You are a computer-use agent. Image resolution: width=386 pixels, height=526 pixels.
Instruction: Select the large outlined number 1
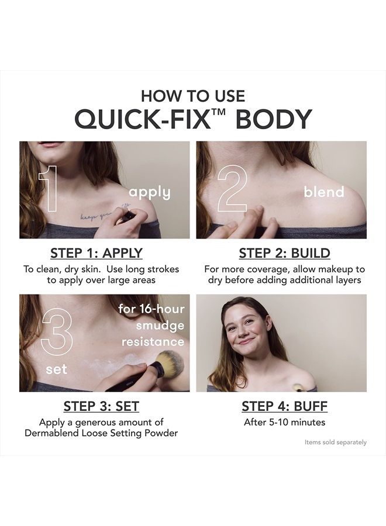point(48,189)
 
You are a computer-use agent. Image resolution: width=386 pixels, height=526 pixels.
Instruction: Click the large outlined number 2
point(232,189)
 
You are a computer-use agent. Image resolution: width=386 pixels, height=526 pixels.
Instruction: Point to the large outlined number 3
point(56,330)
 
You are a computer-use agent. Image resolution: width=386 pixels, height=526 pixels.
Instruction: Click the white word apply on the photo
point(150,193)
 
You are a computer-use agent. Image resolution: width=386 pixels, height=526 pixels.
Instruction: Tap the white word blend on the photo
point(324,192)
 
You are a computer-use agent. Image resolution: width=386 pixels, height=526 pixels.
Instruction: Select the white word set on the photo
point(56,369)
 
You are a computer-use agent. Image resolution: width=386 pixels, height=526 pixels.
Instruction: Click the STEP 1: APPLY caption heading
point(96,253)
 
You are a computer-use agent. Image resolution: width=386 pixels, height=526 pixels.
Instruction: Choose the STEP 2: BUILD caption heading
point(285,253)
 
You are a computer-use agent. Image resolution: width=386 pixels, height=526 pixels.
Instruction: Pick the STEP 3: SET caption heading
point(101,406)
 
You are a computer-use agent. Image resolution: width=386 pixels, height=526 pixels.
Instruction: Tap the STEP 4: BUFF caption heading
point(285,406)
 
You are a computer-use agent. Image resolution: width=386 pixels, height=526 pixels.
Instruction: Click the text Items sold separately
point(336,442)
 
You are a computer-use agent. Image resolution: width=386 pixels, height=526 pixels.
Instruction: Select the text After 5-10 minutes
point(285,422)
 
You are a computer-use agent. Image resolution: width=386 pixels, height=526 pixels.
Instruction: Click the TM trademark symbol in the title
point(219,112)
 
